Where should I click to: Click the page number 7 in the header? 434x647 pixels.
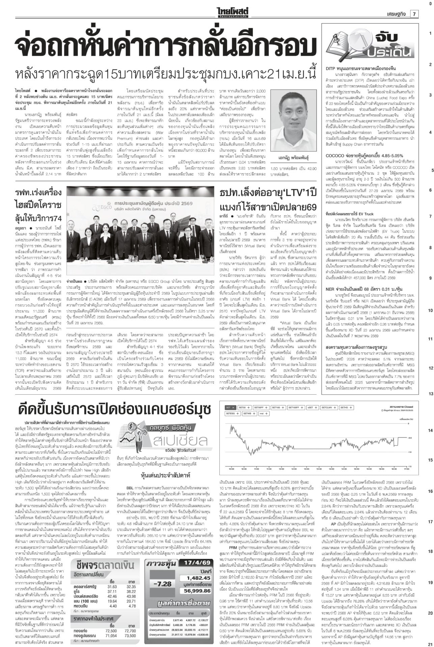414,14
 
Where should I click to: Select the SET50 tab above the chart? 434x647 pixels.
244,407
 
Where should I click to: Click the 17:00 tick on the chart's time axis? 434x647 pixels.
407,469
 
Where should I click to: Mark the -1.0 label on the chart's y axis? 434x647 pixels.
410,452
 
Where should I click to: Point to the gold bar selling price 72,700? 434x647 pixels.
130,631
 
